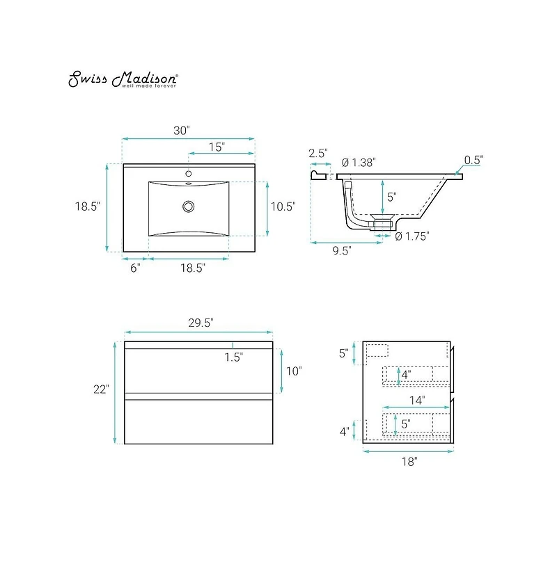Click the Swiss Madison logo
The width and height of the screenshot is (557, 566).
pos(123,79)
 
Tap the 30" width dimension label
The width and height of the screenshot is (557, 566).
pos(182,130)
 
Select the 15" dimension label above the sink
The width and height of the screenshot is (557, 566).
pos(217,147)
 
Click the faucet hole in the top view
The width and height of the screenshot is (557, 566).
pos(188,174)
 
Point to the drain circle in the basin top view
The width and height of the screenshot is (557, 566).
pos(188,207)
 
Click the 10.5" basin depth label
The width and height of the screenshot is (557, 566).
pos(283,207)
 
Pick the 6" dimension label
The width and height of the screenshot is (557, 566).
pos(135,268)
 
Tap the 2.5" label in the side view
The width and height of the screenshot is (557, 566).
pos(318,153)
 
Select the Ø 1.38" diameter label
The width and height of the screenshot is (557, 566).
pos(359,163)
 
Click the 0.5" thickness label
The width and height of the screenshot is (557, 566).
pos(474,160)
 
